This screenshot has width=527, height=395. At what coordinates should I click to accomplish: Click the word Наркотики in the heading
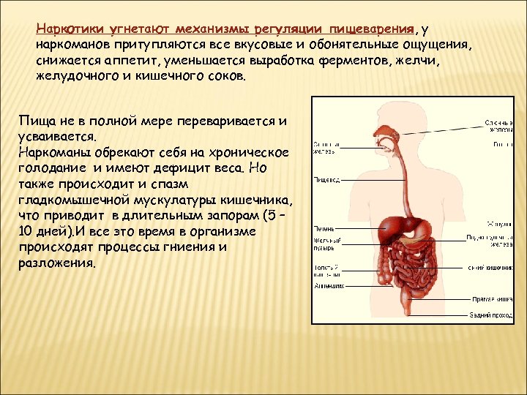(63, 29)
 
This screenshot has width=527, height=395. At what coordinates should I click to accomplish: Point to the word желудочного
(74, 77)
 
